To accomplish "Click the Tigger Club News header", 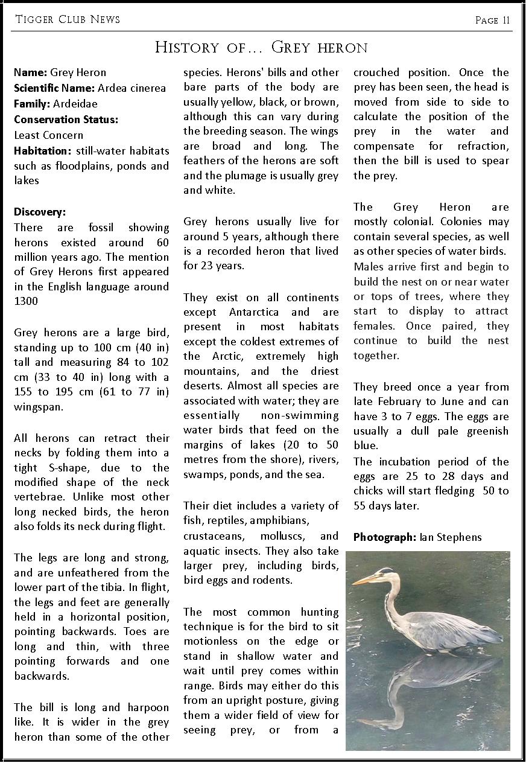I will click(68, 19).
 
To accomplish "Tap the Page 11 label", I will click(492, 21).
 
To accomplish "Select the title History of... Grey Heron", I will click(261, 47).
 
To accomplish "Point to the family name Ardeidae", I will click(75, 104).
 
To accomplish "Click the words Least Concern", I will click(49, 135).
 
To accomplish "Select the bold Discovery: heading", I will click(40, 212).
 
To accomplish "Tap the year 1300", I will click(26, 301).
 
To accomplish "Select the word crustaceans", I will click(214, 536).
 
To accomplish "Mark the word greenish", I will click(483, 431).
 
